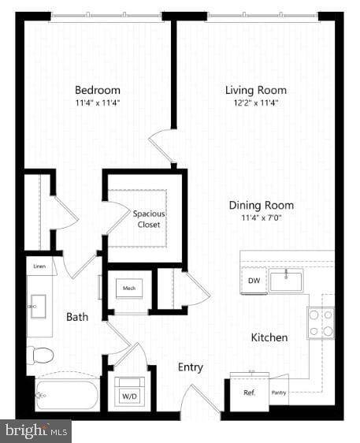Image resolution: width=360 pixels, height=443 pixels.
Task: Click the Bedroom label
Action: [x=98, y=90]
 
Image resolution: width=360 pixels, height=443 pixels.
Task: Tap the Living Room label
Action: [x=255, y=90]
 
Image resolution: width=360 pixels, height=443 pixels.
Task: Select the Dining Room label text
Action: [x=261, y=205]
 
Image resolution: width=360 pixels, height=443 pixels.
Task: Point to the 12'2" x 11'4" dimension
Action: [x=255, y=102]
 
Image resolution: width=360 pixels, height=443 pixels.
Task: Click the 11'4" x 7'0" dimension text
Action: [x=261, y=218]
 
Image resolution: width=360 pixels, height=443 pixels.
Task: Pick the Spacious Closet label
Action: [x=149, y=219]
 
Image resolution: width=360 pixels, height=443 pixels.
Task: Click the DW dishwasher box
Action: [x=254, y=281]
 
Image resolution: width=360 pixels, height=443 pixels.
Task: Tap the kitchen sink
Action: [x=286, y=280]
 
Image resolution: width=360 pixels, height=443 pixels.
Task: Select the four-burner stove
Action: [x=320, y=323]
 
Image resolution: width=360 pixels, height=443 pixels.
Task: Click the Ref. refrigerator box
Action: [x=249, y=392]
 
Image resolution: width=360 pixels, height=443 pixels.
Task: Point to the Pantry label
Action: [x=279, y=392]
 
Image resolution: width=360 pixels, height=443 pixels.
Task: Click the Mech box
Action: [x=129, y=289]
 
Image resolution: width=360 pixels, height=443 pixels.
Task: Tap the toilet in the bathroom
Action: [x=39, y=355]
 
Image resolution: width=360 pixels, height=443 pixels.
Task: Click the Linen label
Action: [x=39, y=268]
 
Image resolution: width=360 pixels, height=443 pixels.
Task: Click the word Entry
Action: [x=190, y=367]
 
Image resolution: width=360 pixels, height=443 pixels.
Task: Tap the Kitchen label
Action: [x=269, y=337]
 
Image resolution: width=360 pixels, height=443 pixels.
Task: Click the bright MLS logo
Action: [x=36, y=431]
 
